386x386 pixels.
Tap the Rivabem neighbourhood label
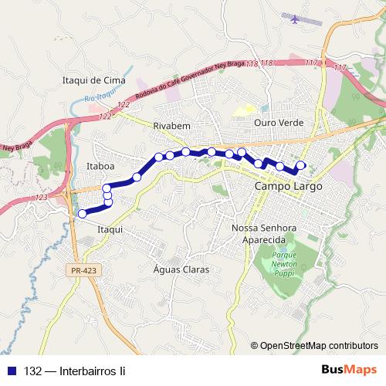point(171,124)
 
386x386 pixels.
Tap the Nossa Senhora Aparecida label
point(264,234)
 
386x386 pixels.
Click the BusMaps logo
point(349,371)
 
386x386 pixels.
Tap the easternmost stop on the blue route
point(301,164)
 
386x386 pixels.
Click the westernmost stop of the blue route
point(83,214)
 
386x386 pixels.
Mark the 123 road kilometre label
point(41,198)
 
